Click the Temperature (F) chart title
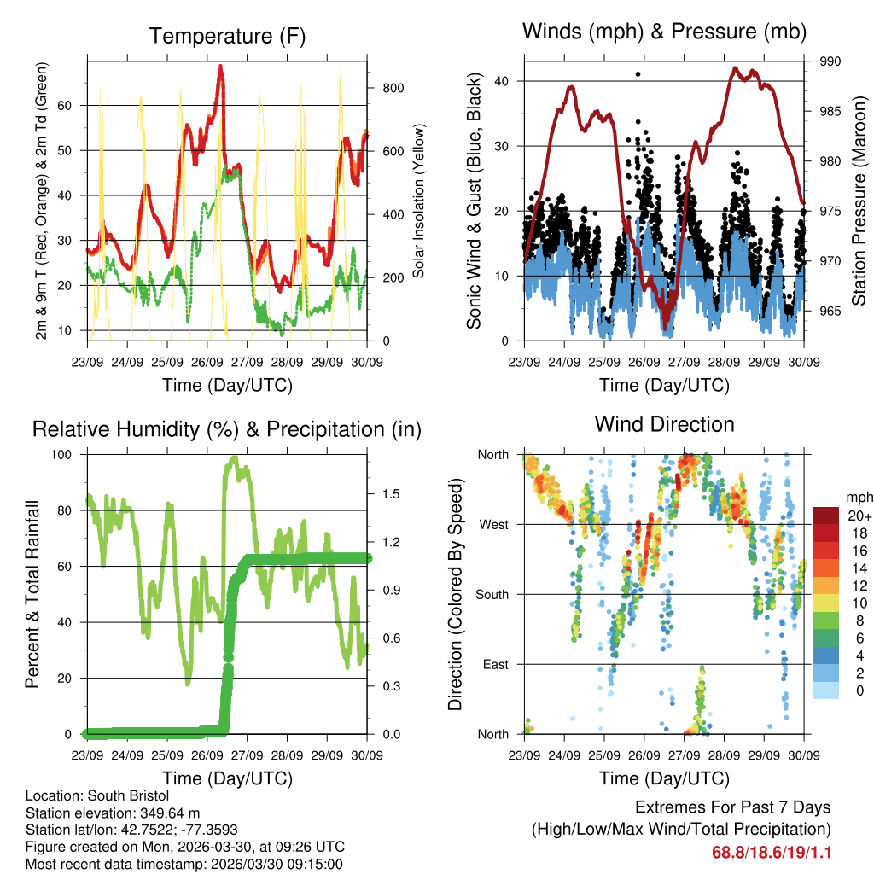click(226, 37)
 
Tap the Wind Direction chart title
click(664, 424)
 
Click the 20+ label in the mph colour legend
click(856, 516)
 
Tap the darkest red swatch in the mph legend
click(825, 515)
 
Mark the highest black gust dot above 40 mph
click(638, 74)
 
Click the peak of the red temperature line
click(221, 67)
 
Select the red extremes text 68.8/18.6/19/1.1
click(771, 853)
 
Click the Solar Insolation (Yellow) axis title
click(419, 201)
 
